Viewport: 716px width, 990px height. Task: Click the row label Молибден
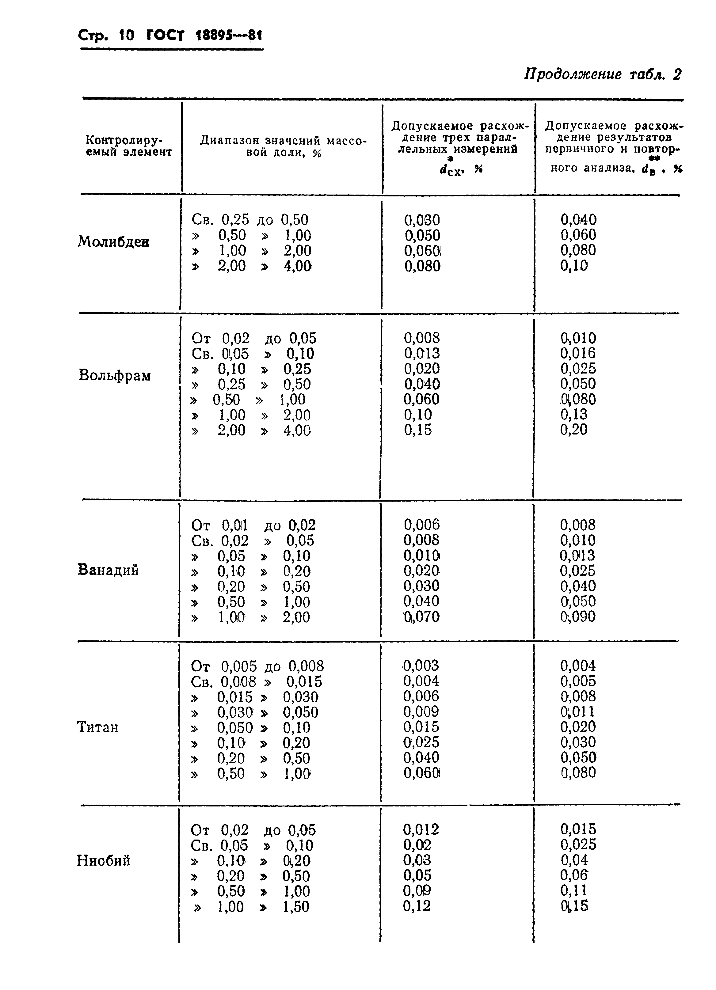click(x=113, y=241)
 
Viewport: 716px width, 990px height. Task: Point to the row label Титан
click(x=97, y=727)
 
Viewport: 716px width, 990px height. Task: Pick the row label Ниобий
click(x=104, y=860)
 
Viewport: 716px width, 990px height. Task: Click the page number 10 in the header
click(x=126, y=35)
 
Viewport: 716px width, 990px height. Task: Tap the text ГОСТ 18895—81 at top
click(x=204, y=35)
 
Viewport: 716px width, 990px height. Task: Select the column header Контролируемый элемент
click(x=129, y=146)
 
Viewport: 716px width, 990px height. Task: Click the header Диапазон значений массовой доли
click(x=283, y=146)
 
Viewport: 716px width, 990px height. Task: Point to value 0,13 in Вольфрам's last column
click(x=574, y=414)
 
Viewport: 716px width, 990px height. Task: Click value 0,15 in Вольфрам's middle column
click(x=417, y=430)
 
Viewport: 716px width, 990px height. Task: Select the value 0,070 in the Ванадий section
click(x=421, y=617)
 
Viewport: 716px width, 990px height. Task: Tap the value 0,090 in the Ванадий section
click(x=577, y=617)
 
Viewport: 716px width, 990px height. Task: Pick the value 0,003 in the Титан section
click(x=421, y=666)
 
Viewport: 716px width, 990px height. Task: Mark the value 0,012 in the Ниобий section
click(x=421, y=829)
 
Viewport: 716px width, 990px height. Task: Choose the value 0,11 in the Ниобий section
click(x=574, y=890)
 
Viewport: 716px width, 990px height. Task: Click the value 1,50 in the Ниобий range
click(x=296, y=907)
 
